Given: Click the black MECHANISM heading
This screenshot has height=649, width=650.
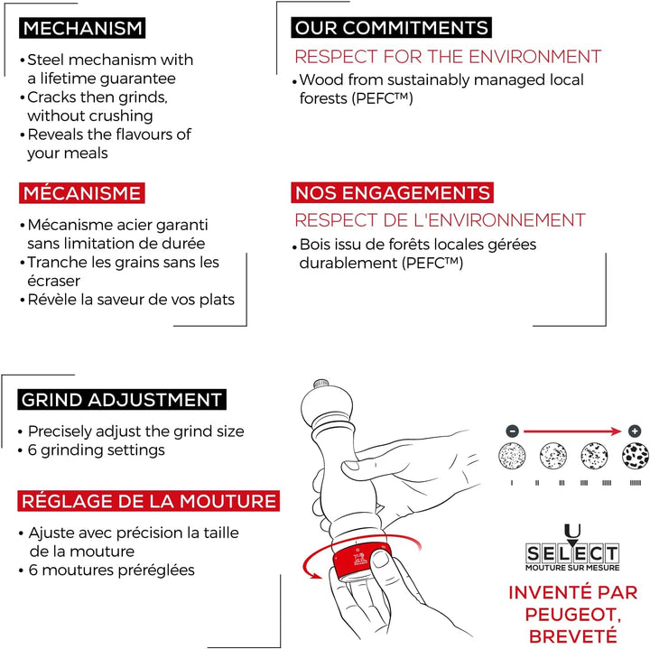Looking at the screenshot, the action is [x=82, y=28].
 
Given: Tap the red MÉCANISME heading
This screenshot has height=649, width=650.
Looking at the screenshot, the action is [x=81, y=193].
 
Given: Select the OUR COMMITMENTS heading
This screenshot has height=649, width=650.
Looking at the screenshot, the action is [x=391, y=28].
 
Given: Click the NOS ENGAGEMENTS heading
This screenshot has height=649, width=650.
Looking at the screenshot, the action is [x=392, y=192].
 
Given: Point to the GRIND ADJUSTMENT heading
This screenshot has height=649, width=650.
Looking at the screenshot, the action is [x=122, y=400].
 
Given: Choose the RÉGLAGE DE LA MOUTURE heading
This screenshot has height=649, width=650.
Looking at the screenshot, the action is [x=148, y=501].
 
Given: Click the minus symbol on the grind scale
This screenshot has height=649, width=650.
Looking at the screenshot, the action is [x=513, y=431].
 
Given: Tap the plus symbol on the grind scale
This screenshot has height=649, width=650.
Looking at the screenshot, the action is [x=635, y=431].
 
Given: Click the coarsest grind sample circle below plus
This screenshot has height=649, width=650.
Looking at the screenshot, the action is [x=635, y=456].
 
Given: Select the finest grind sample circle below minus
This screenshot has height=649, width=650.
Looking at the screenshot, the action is [x=512, y=456].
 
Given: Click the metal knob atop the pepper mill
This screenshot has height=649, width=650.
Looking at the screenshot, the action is [x=320, y=384].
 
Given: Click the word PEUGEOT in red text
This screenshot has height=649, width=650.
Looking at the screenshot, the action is [x=572, y=615].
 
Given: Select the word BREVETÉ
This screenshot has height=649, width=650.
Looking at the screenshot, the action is [x=573, y=636].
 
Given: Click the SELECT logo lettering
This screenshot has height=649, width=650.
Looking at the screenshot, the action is [x=572, y=553].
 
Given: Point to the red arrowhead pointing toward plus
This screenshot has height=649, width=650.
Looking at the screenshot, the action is [x=617, y=431].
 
